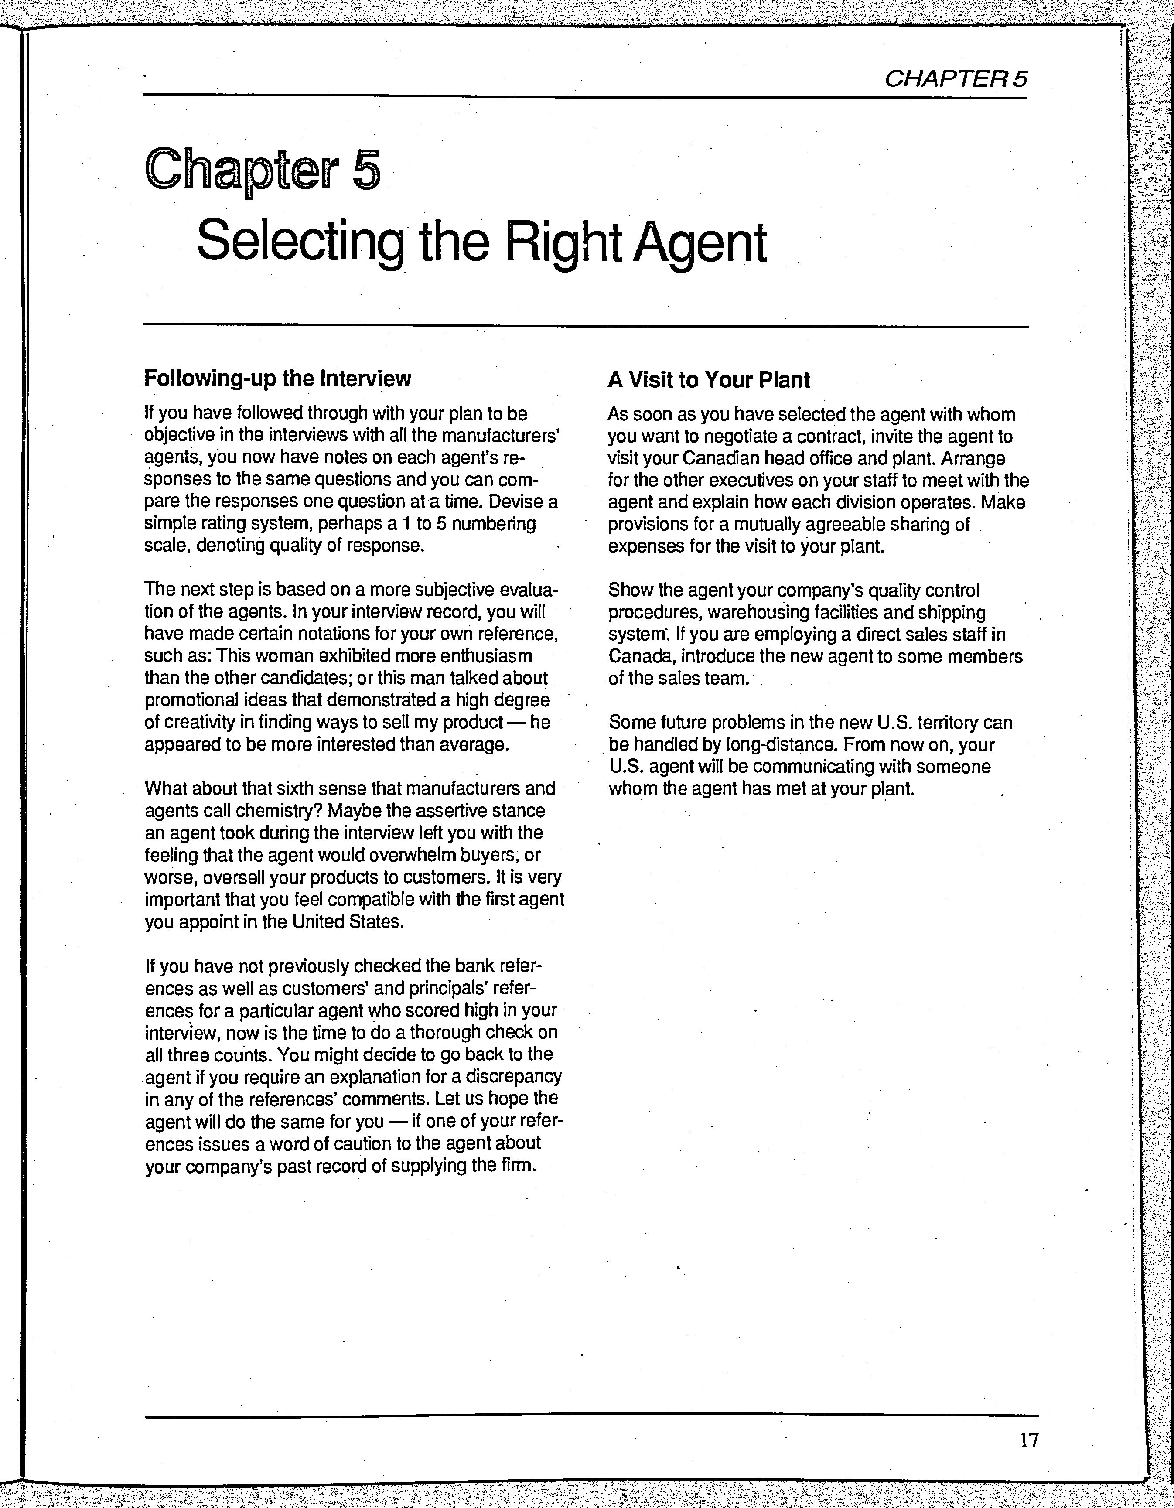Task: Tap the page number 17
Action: [1028, 1440]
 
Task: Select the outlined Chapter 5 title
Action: [263, 170]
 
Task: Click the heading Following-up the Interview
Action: [278, 379]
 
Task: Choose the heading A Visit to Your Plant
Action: [709, 380]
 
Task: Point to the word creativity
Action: [195, 722]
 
